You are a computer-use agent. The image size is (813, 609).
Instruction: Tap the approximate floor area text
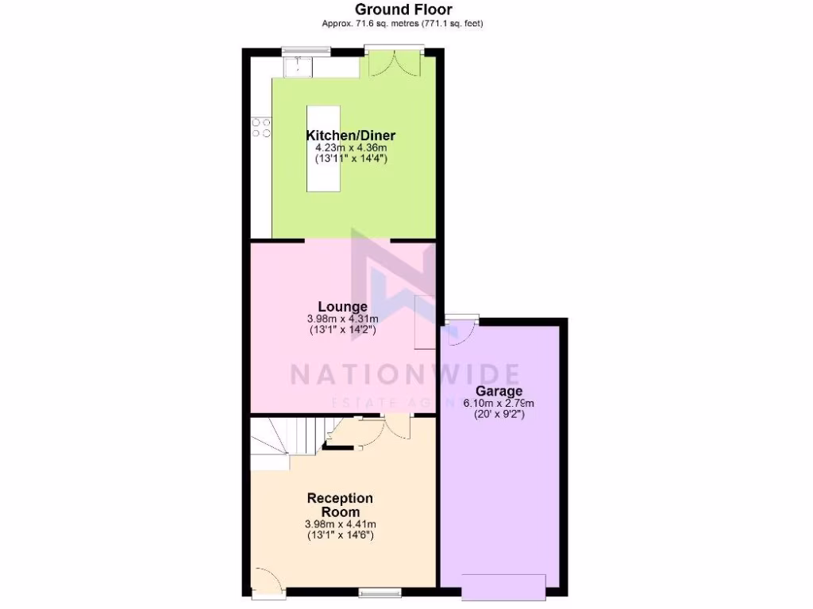coord(403,24)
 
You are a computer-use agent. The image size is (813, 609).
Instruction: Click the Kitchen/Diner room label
coord(350,136)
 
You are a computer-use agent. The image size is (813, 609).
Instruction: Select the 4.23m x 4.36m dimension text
coord(350,147)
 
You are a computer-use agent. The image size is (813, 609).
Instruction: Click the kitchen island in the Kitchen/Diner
coord(324,149)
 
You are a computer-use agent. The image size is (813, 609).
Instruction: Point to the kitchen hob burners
coord(261,128)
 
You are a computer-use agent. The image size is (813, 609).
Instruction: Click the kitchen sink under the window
coord(299,67)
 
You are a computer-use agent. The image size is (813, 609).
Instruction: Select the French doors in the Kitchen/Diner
coord(394,63)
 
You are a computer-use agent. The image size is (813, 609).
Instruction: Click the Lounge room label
coord(342,307)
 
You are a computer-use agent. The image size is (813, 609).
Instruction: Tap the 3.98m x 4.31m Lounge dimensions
coord(342,319)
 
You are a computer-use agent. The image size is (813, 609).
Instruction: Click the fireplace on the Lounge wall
coord(424,322)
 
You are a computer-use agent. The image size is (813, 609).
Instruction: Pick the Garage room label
coord(499,391)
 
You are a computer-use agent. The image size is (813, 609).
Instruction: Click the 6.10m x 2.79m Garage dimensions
coord(499,403)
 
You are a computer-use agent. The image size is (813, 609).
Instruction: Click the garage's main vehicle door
coord(503,588)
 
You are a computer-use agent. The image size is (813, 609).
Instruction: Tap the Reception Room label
coord(340,505)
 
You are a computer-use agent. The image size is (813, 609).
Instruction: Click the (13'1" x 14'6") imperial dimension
coord(340,535)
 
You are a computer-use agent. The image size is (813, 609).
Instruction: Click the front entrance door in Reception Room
coord(266,580)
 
